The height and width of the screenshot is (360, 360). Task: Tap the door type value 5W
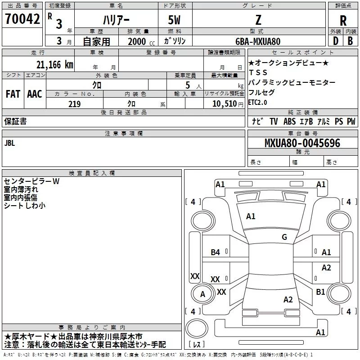pyautogui.click(x=175, y=21)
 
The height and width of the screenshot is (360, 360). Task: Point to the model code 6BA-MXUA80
pyautogui.click(x=257, y=41)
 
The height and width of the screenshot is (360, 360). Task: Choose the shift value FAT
pyautogui.click(x=13, y=94)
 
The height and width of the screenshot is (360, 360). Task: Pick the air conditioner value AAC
pyautogui.click(x=34, y=94)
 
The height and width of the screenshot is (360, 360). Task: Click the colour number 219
pyautogui.click(x=74, y=104)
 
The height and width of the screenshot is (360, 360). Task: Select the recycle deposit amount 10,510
pyautogui.click(x=224, y=104)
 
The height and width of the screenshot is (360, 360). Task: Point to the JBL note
pyautogui.click(x=9, y=143)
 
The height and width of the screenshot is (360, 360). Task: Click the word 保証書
pyautogui.click(x=15, y=121)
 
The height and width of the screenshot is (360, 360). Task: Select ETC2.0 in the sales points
pyautogui.click(x=257, y=102)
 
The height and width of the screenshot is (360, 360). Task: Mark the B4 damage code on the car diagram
pyautogui.click(x=216, y=252)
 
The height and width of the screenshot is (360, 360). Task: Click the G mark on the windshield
pyautogui.click(x=284, y=237)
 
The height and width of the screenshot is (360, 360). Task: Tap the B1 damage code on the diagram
pyautogui.click(x=320, y=292)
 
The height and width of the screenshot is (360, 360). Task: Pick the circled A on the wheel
pyautogui.click(x=202, y=294)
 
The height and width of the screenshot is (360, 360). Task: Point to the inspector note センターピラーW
pyautogui.click(x=31, y=181)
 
